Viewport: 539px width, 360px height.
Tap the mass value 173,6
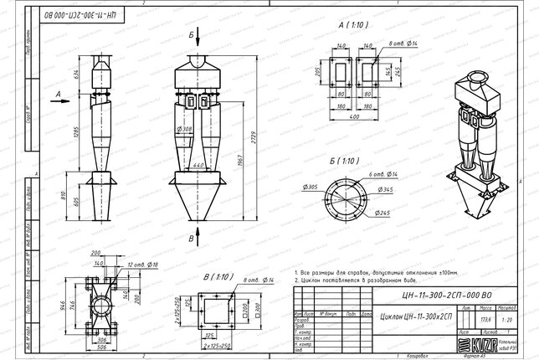pyautogui.click(x=485, y=319)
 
